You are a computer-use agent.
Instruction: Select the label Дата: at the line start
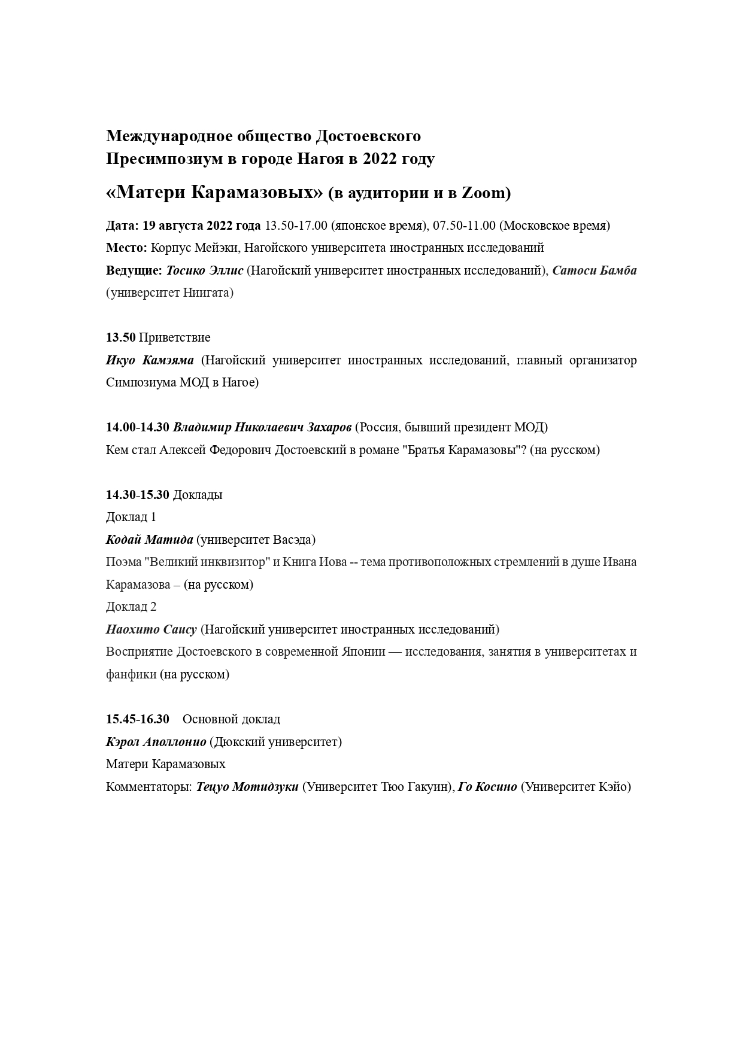pyautogui.click(x=123, y=226)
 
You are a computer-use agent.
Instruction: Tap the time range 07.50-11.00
pyautogui.click(x=464, y=226)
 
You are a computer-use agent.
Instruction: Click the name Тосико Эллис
pyautogui.click(x=205, y=270)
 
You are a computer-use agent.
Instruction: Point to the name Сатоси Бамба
pyautogui.click(x=594, y=270)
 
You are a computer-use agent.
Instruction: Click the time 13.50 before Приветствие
pyautogui.click(x=121, y=337)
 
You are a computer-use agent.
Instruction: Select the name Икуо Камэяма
pyautogui.click(x=150, y=360)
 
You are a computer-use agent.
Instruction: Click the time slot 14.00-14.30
pyautogui.click(x=138, y=427)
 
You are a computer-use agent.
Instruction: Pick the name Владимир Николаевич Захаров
pyautogui.click(x=262, y=427)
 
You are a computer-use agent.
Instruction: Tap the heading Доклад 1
pyautogui.click(x=131, y=517)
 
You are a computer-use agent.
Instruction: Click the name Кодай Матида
pyautogui.click(x=149, y=540)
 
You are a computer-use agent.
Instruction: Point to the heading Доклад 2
pyautogui.click(x=131, y=607)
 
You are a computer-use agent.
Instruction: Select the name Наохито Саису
pyautogui.click(x=151, y=629)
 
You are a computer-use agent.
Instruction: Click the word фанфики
pyautogui.click(x=131, y=674)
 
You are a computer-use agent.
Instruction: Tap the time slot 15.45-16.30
pyautogui.click(x=138, y=719)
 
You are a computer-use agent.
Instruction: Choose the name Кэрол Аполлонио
pyautogui.click(x=156, y=742)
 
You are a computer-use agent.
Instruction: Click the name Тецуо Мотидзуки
pyautogui.click(x=247, y=787)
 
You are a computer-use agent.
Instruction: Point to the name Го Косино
pyautogui.click(x=487, y=787)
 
